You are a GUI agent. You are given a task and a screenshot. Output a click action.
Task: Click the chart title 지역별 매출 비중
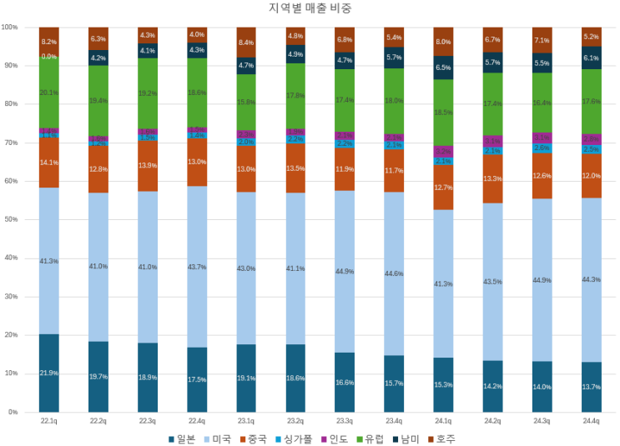310,8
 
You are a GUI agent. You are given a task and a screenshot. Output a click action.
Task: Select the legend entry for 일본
182,438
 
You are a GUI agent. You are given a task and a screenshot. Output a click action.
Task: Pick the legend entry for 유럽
370,438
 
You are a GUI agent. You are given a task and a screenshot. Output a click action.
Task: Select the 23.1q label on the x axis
246,422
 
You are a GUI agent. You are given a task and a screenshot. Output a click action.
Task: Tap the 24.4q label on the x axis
592,422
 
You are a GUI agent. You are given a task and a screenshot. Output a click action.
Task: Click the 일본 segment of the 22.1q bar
48,373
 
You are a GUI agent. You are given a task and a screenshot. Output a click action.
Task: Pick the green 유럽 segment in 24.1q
443,113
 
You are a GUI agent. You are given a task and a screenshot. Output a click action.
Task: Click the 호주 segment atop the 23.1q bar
246,42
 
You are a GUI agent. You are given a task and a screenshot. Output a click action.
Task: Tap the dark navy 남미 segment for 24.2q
492,63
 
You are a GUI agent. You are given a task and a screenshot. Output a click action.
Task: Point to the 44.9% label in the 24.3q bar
542,280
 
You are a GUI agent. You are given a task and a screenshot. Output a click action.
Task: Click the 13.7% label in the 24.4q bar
592,387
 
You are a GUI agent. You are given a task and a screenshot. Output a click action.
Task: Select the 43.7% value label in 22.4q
197,267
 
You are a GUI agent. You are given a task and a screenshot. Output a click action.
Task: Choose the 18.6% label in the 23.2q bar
295,378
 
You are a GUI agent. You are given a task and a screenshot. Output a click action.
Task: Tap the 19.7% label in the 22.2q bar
98,377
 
